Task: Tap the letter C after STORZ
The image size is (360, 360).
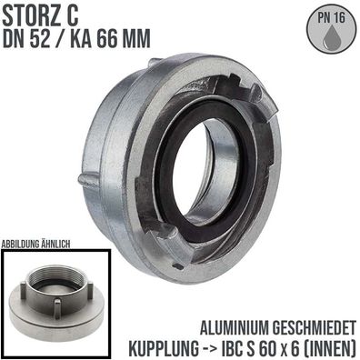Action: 73,17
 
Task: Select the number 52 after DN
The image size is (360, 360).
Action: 40,38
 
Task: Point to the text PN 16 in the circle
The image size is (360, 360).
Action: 331,18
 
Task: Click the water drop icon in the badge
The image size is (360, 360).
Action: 331,37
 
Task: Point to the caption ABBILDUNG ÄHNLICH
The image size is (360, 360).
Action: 35,245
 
